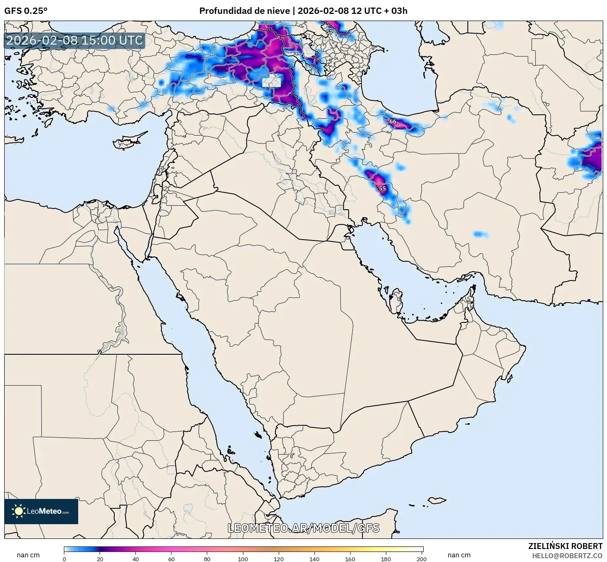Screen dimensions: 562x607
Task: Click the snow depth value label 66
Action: [x=393, y=121]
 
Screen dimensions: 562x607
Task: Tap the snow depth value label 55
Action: [x=382, y=188]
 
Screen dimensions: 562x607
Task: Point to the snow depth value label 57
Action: [x=329, y=32]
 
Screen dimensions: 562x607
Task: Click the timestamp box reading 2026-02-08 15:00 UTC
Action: [x=74, y=40]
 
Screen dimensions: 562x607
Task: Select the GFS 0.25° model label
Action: [x=26, y=11]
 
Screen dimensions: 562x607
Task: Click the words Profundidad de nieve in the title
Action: [x=244, y=11]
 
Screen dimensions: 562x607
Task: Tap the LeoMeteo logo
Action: [x=41, y=511]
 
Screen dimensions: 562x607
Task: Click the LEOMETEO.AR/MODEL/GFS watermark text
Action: [x=303, y=528]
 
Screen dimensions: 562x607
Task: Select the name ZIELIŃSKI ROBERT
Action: [x=565, y=546]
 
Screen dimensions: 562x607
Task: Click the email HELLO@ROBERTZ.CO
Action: [x=567, y=556]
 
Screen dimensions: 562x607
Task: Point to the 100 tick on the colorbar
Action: [x=243, y=559]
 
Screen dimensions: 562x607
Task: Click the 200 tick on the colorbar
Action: [x=422, y=559]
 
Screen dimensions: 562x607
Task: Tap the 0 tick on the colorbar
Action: [x=64, y=559]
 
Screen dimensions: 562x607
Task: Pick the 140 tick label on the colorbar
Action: [x=314, y=559]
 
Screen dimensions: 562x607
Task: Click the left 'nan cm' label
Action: [x=28, y=555]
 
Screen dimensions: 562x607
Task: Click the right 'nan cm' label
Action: [x=459, y=555]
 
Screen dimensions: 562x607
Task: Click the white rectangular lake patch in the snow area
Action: [x=271, y=82]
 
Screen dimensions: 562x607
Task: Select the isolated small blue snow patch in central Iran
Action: [x=480, y=234]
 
